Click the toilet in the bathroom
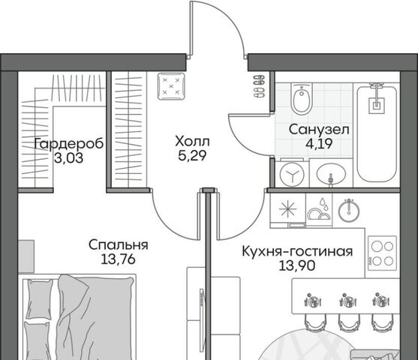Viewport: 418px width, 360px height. coord(302,98)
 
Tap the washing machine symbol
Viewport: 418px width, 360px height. coord(292,175)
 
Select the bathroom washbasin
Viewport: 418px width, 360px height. coord(331,174)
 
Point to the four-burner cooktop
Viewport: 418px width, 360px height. coord(383,253)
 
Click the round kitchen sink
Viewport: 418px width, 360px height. coord(349,211)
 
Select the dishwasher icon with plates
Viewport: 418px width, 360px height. coord(319,209)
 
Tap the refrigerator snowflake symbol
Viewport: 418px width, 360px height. coord(288,208)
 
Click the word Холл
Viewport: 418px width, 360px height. coord(192,142)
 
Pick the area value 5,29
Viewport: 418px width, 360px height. coord(192,155)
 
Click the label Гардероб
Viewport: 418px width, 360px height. coord(69,145)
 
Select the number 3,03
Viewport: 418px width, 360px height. coord(69,158)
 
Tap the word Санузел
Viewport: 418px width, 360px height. coord(319,130)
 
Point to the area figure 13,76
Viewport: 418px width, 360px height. coord(118,259)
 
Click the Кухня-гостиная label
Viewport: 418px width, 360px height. coord(297,251)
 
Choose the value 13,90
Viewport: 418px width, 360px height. coord(297,265)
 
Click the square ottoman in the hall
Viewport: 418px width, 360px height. coord(171,86)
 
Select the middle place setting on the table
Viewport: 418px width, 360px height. coord(347,301)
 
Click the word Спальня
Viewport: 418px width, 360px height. coord(119,245)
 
